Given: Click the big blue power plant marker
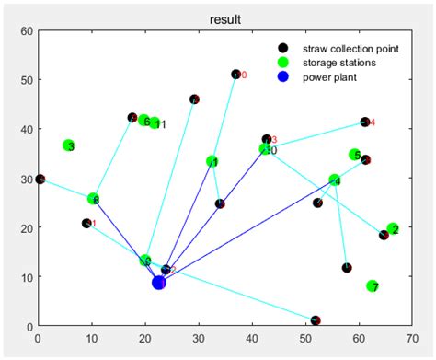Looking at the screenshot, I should point(159,283).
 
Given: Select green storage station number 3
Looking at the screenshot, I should point(69,145).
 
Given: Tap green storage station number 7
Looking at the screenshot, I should point(373,286).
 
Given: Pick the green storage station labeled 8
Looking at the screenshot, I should point(93,199).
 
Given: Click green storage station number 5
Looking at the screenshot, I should point(355,155).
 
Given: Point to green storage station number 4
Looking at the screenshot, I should point(335,180).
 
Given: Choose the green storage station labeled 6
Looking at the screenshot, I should point(144,121).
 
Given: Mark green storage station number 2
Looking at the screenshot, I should point(393,228).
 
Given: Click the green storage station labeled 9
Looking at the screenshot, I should point(145,261).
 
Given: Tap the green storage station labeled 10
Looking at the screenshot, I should point(266,149).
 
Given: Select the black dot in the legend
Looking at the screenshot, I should point(283,48).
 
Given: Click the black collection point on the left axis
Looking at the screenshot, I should point(40,179).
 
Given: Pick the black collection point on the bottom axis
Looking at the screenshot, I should point(316,320).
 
